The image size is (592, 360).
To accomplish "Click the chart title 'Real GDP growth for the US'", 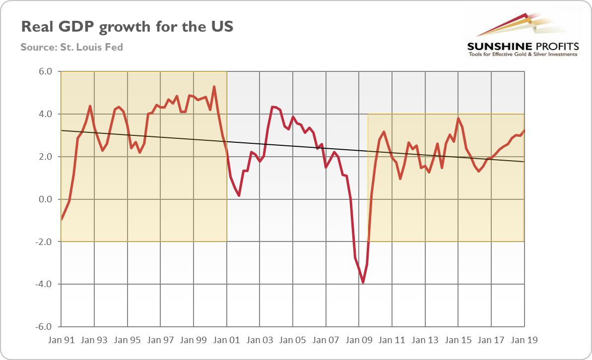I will click(127, 27).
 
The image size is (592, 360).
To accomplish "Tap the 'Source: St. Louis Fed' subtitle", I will click(71, 48).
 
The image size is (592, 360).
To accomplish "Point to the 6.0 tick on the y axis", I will click(45, 71).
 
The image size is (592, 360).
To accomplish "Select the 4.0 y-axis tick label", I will click(45, 114).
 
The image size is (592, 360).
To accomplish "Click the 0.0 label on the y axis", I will click(45, 199).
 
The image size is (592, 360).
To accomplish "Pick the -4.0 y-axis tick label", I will click(44, 285).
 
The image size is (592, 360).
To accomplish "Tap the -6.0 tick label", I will click(44, 327).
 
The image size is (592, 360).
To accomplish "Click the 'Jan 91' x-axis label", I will click(61, 341).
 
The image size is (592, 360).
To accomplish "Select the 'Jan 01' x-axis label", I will click(227, 341).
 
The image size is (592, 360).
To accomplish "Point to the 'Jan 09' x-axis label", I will click(359, 341).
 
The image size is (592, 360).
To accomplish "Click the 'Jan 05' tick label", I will click(293, 341).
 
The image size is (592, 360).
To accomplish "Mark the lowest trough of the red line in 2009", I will click(363, 283).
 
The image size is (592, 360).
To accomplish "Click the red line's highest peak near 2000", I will click(214, 87).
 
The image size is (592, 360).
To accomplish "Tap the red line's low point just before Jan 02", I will click(239, 195).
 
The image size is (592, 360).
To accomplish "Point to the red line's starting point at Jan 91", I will click(62, 219).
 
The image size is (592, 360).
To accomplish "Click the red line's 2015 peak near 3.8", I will click(458, 118).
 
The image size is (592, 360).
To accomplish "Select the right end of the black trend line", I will click(524, 162).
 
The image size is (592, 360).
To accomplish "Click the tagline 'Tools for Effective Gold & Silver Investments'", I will click(523, 54).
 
